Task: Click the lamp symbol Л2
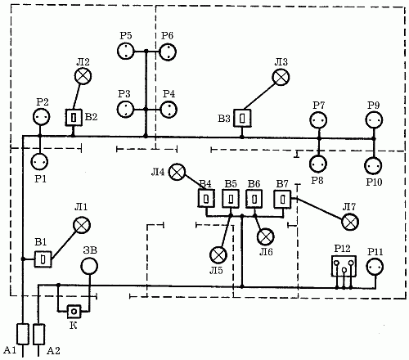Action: pos(83,76)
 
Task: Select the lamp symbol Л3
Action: pos(281,77)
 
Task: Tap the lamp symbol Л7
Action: pos(350,222)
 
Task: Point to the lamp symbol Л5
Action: pos(218,254)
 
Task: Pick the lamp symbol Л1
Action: pos(82,225)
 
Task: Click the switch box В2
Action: pos(74,118)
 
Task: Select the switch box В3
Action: pos(242,118)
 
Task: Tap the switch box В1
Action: pos(43,259)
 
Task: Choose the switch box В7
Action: pos(282,200)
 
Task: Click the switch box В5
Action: pos(231,199)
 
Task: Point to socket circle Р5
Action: pos(126,51)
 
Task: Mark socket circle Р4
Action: pos(169,110)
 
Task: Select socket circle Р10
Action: pos(373,165)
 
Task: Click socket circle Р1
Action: pos(40,162)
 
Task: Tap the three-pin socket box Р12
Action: pos(344,266)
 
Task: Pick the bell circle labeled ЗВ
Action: pos(89,266)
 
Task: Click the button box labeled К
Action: pos(74,311)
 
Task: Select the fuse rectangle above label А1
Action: pos(23,334)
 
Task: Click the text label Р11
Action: pos(375,252)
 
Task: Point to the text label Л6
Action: pos(266,252)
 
